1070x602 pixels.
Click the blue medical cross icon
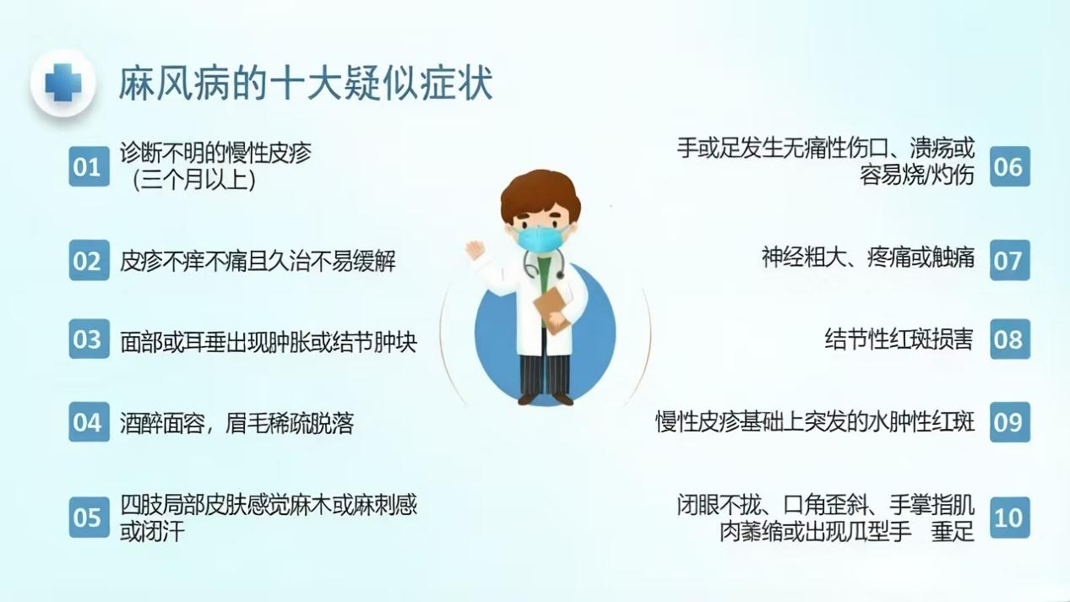63,83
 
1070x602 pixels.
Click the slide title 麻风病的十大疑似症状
306,84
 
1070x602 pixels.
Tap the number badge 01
89,166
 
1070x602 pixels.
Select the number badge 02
89,260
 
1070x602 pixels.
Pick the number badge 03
89,339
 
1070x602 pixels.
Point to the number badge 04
89,422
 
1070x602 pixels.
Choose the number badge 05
89,517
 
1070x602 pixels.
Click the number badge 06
1010,166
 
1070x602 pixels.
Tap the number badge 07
1010,260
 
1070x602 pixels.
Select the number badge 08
1010,339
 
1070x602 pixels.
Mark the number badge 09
1010,422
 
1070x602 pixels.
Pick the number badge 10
1010,517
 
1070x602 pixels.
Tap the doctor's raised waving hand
475,250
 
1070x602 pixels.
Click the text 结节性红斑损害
899,339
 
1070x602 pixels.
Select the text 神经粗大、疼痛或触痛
867,258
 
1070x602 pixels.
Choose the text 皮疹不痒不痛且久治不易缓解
258,261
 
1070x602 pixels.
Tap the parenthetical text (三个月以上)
194,180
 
